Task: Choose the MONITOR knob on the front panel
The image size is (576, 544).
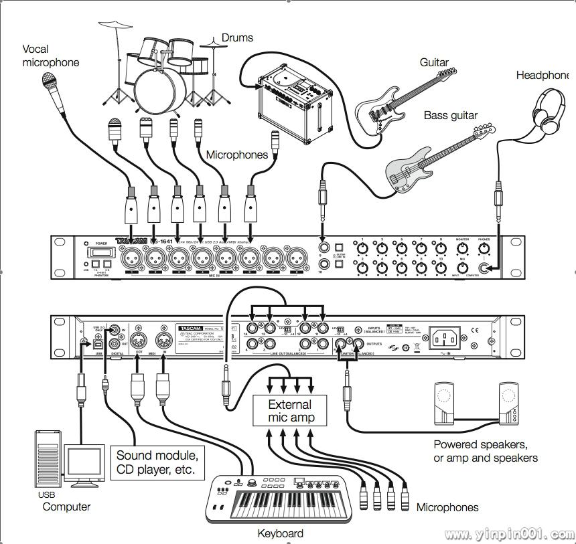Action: pyautogui.click(x=462, y=250)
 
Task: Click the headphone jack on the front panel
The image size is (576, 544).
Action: pyautogui.click(x=496, y=268)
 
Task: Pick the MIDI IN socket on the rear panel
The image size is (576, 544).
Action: pyautogui.click(x=161, y=339)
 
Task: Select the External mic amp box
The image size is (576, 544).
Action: pyautogui.click(x=289, y=411)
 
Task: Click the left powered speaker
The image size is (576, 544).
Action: pyautogui.click(x=445, y=404)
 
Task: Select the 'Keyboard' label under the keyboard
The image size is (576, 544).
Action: pyautogui.click(x=280, y=533)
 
